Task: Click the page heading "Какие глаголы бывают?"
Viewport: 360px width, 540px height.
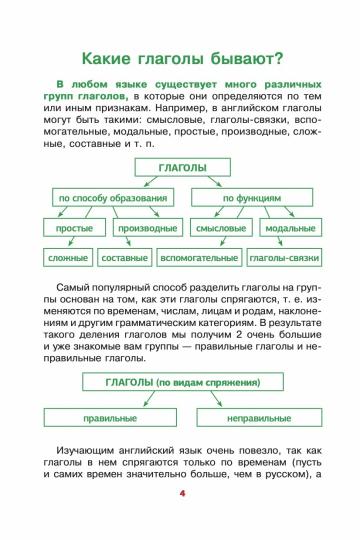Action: click(x=180, y=58)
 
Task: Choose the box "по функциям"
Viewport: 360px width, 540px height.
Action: click(x=252, y=200)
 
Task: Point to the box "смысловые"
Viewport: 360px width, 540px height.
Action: click(x=218, y=229)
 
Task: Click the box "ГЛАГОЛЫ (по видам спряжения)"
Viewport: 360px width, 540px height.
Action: click(x=181, y=383)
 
